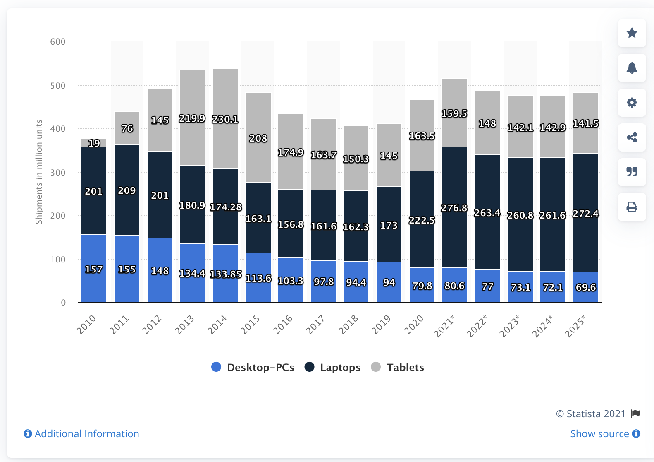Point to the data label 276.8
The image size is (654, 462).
coord(454,208)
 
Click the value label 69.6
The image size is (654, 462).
coord(586,287)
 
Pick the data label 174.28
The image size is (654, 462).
coord(226,207)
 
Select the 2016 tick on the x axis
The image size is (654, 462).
coord(283,324)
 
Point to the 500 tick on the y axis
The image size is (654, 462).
coord(58,86)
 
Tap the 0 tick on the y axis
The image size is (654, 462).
coord(63,303)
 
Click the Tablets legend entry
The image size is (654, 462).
coord(398,367)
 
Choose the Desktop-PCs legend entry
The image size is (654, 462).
coord(253,367)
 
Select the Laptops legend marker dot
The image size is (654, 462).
coord(310,367)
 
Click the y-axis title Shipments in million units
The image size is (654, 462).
coord(39,172)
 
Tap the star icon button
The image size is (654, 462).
coord(632,33)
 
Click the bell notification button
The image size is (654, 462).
coord(632,68)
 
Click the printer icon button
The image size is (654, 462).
coord(632,207)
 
